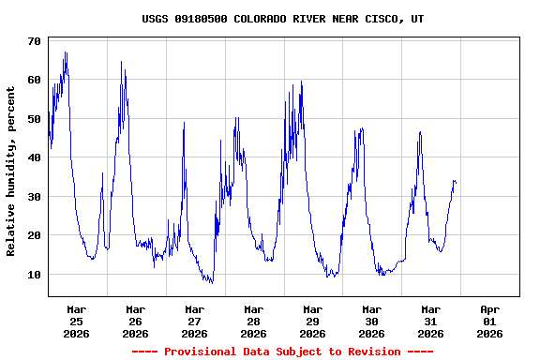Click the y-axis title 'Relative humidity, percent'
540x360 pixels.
11,171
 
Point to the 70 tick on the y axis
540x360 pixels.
34,41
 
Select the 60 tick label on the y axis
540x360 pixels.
34,81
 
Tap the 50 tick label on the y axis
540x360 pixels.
34,119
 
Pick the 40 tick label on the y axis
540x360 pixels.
34,158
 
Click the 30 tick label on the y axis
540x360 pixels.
34,197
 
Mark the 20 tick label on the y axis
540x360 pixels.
34,236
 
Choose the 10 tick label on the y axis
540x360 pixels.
34,275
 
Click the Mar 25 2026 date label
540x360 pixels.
77,321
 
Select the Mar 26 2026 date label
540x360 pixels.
136,321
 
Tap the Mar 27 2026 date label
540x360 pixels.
195,321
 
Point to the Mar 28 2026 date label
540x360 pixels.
254,321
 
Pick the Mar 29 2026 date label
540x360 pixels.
313,321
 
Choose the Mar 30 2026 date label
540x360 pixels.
372,321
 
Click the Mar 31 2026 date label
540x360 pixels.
431,321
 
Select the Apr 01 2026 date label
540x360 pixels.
490,321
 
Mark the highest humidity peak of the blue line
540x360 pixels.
66,52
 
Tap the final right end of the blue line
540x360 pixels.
456,182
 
